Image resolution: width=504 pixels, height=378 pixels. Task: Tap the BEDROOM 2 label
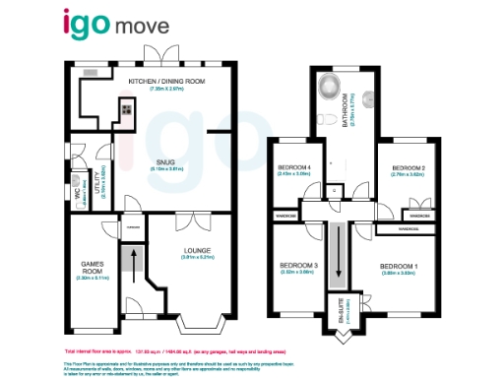(409, 169)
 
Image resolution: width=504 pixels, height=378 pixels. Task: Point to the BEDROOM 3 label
(297, 267)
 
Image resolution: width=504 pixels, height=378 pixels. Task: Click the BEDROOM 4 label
(294, 167)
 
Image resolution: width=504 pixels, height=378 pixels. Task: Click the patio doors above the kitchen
(157, 54)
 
